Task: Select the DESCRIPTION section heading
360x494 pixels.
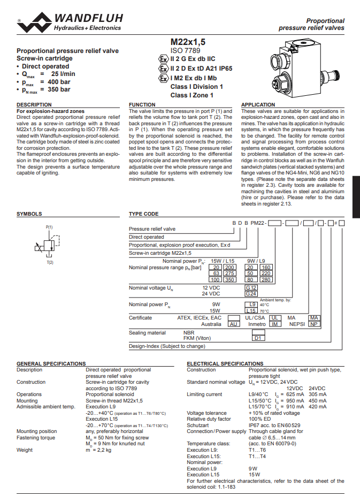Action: coord(34,105)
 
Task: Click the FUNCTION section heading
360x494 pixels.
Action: coord(142,105)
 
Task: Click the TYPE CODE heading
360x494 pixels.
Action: coord(144,214)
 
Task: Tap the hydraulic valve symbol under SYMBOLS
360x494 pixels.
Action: coord(48,247)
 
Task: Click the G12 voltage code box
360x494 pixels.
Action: coord(251,288)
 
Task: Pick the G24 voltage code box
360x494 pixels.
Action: coord(251,294)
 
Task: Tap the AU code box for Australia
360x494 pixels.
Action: coord(233,324)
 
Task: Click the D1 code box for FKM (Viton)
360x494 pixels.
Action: coord(258,338)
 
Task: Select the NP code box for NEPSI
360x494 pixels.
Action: coord(315,324)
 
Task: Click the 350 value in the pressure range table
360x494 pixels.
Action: coord(229,279)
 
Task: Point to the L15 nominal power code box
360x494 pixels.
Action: coord(251,310)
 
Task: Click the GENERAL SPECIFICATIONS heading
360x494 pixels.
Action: coord(51,363)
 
